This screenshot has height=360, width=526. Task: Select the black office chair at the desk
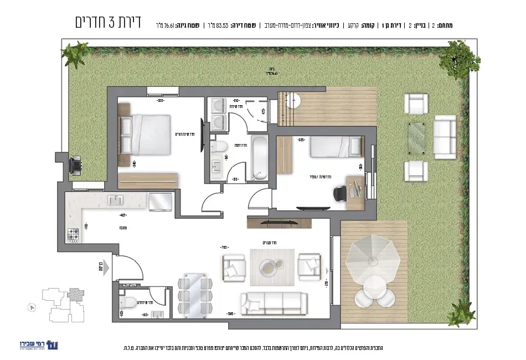339,193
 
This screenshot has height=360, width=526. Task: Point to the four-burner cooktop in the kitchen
73,235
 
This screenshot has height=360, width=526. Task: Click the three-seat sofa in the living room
273,303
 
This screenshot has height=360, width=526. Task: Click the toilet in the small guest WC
129,302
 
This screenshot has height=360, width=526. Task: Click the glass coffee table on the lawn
417,136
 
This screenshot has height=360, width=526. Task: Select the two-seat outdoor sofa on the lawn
445,136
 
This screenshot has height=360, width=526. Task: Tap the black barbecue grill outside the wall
75,164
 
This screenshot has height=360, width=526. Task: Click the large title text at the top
108,23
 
